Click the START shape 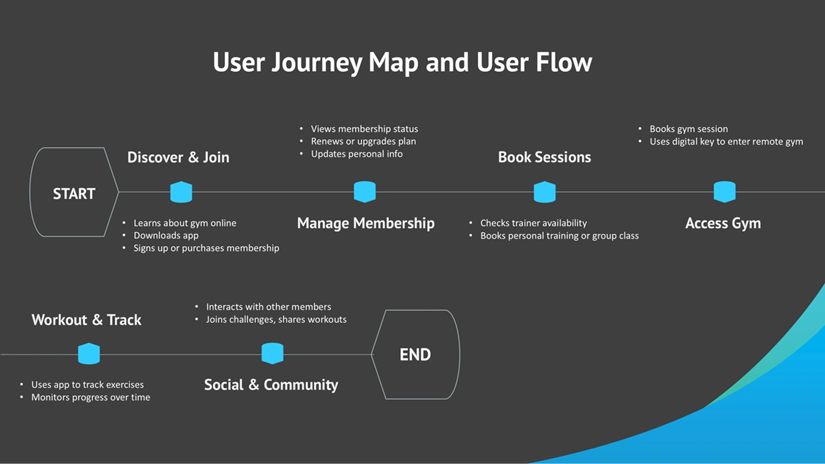[74, 193]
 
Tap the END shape [415, 354]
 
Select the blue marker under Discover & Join [181, 192]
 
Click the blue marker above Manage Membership [365, 192]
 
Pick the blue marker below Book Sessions [545, 192]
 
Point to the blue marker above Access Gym [725, 192]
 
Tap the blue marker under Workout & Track [89, 354]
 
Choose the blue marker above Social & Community [272, 354]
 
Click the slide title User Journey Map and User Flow [403, 62]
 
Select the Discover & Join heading [178, 157]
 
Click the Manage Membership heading [365, 223]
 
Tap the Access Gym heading [723, 223]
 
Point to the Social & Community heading [271, 385]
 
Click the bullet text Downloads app [166, 236]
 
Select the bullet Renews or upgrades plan [363, 142]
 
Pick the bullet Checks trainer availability [533, 223]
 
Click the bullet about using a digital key [726, 142]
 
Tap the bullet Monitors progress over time [90, 398]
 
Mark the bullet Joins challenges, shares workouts [276, 320]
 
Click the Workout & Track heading [86, 320]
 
